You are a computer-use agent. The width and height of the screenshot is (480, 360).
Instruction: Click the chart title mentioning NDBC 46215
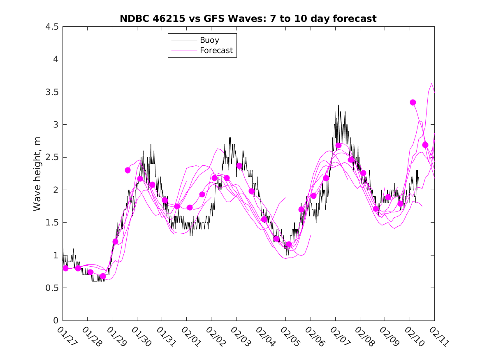tap(248, 19)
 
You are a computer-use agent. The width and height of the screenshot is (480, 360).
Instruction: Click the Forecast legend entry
tap(216, 51)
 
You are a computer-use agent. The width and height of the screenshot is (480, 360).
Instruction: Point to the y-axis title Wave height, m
tap(37, 173)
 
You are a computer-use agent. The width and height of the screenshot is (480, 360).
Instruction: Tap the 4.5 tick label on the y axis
tap(51, 27)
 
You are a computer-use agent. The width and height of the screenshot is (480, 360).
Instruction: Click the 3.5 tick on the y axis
tap(51, 92)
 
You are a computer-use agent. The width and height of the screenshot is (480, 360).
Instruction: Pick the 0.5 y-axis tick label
tap(51, 288)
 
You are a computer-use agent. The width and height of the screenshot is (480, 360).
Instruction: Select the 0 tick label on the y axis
tap(55, 321)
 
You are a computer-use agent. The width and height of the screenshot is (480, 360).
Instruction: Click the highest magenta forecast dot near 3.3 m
tap(413, 102)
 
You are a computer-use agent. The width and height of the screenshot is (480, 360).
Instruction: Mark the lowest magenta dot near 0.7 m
tap(103, 276)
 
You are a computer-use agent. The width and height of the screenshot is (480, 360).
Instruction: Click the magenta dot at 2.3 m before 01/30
tap(128, 170)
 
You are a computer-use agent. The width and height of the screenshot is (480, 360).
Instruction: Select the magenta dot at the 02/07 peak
tap(339, 145)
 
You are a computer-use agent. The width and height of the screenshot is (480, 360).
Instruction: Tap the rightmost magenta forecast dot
tap(425, 145)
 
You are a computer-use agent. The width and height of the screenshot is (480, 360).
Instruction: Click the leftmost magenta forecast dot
tap(65, 268)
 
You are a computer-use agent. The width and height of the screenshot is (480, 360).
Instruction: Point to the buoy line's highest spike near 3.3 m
tap(338, 105)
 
